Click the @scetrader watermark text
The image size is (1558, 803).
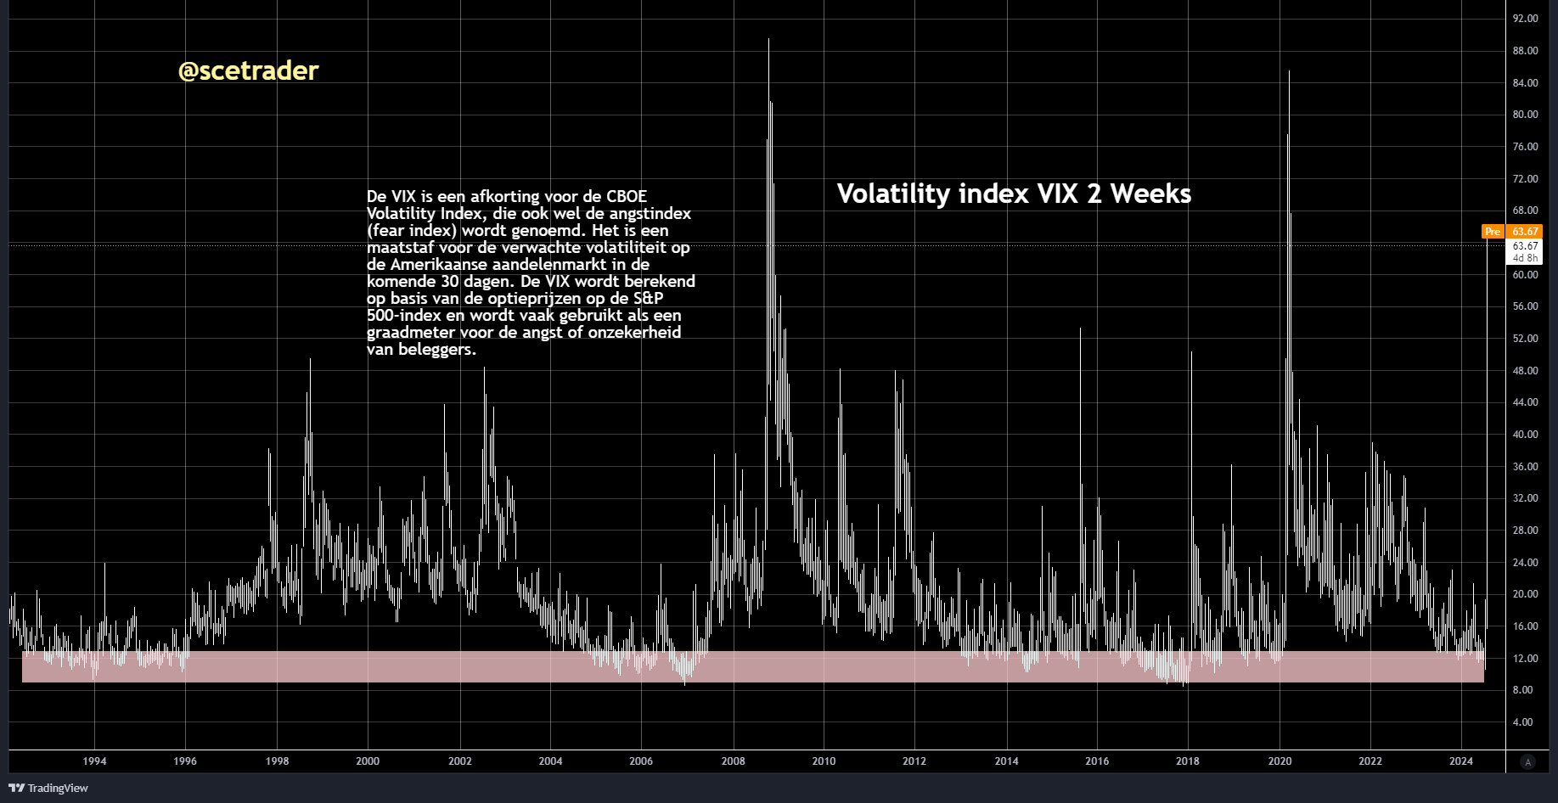point(248,70)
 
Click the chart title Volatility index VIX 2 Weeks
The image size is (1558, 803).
point(1014,194)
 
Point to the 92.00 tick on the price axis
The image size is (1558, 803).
point(1525,19)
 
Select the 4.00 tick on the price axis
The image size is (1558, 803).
point(1522,722)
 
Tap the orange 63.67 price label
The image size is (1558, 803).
point(1525,232)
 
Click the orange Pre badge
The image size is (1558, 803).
point(1493,232)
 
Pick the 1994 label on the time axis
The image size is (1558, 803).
point(94,761)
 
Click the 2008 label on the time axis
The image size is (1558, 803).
point(733,761)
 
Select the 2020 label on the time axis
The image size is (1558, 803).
point(1280,761)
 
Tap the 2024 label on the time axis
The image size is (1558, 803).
point(1460,761)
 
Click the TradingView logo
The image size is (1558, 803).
point(48,789)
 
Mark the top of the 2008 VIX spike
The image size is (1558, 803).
point(768,39)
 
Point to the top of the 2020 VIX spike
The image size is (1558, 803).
point(1289,72)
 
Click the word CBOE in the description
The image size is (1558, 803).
point(626,197)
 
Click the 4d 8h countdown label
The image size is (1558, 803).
point(1525,258)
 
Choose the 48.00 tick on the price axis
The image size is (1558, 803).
point(1525,371)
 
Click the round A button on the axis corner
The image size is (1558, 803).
point(1527,762)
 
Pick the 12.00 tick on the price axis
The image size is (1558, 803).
point(1525,659)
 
